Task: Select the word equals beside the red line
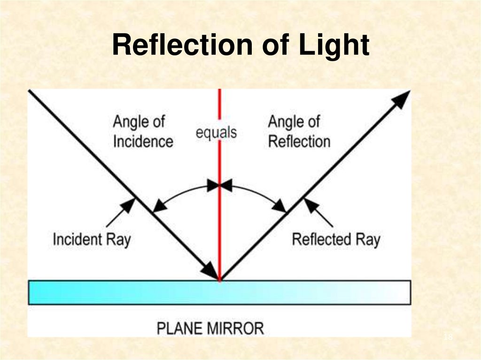pos(216,132)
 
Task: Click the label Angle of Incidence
pos(143,131)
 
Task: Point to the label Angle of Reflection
pos(299,131)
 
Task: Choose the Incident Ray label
pos(92,239)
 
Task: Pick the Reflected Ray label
pos(336,239)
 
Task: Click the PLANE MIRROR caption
pos(210,328)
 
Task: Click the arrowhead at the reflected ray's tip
pos(401,98)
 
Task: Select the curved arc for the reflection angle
pos(256,193)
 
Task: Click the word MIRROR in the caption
pos(237,328)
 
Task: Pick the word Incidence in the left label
pos(143,141)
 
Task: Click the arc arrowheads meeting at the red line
pos(219,186)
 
